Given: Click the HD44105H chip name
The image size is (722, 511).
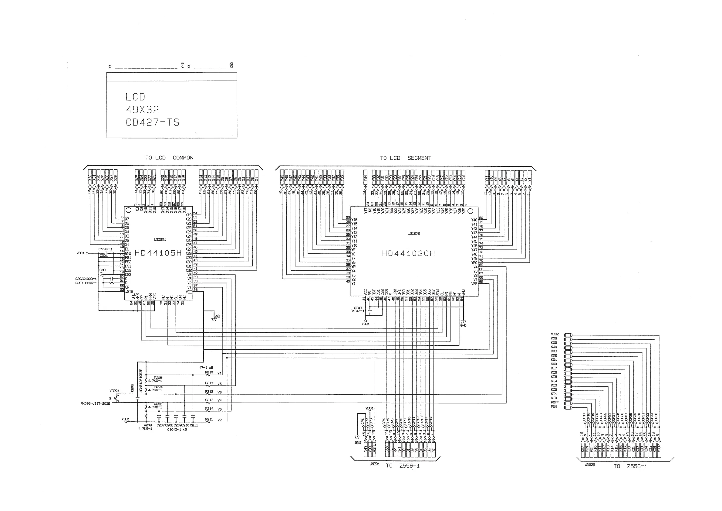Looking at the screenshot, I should tap(158, 253).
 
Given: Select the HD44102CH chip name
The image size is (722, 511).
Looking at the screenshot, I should tap(408, 254).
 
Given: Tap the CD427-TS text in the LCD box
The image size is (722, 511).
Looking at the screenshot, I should tap(153, 122).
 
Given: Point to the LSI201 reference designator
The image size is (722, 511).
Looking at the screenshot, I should tap(160, 239).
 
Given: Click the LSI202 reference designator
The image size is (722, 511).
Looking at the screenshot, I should tap(413, 233).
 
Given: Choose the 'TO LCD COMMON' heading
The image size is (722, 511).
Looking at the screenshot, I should tap(169, 158).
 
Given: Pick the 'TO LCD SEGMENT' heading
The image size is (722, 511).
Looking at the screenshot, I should tap(405, 158).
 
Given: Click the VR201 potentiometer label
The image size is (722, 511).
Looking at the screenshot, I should tap(114, 391).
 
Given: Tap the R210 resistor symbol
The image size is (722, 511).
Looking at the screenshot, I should tap(208, 375).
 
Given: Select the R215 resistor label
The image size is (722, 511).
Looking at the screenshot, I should tap(209, 419).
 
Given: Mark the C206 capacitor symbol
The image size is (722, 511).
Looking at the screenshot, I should tap(137, 398).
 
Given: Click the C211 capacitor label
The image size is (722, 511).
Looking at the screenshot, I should tap(194, 425).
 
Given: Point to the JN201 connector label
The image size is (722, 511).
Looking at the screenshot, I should tap(375, 464).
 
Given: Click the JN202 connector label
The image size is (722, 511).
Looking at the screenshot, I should tap(590, 465).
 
